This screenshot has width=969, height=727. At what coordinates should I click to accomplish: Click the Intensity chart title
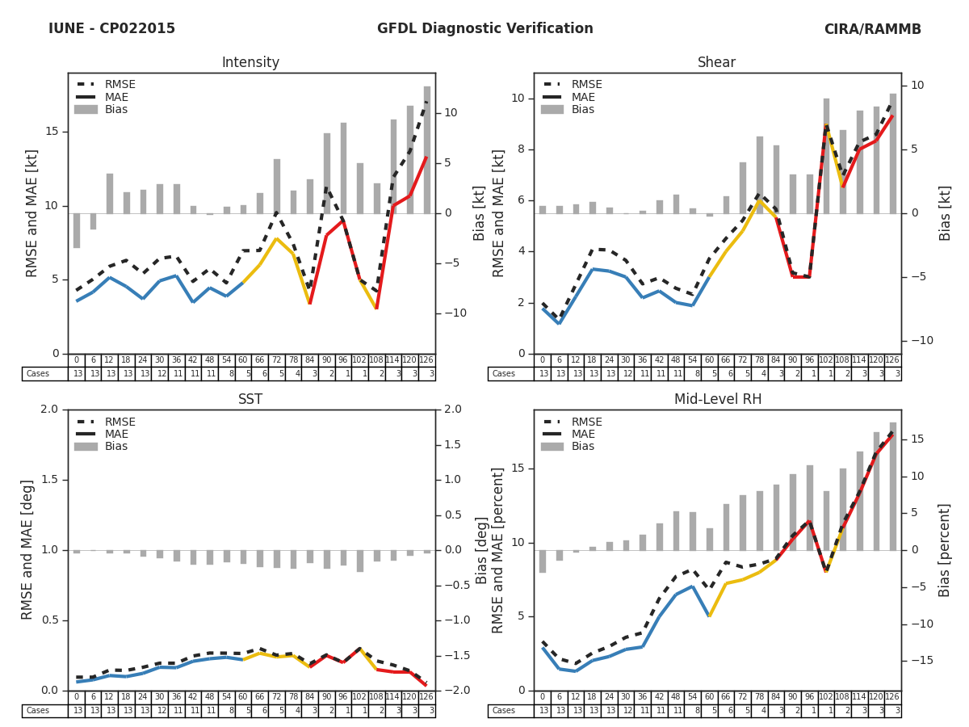coord(250,63)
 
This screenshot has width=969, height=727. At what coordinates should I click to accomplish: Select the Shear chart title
coord(716,63)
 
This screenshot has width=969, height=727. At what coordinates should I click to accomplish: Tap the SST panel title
coord(250,400)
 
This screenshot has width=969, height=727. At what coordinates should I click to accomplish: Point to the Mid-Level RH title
coord(716,400)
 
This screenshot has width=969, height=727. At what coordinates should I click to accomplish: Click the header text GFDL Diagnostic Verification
coord(484,29)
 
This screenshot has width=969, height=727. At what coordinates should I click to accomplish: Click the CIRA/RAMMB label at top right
coord(872,29)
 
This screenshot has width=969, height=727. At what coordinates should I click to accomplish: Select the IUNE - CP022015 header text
coord(111,29)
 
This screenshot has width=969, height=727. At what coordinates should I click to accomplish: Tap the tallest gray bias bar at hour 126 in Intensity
coord(426,149)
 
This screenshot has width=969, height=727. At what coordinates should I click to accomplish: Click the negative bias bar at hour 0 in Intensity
coord(77,230)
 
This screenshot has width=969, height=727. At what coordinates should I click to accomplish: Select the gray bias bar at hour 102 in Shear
coord(826,155)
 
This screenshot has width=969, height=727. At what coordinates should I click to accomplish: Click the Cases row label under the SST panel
coord(38,711)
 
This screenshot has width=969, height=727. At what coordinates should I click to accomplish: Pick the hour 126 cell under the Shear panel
coord(893,360)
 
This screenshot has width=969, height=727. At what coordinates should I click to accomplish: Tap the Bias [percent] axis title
coord(945,549)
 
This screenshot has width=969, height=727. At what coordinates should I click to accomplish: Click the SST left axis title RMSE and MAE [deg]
coord(28,549)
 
